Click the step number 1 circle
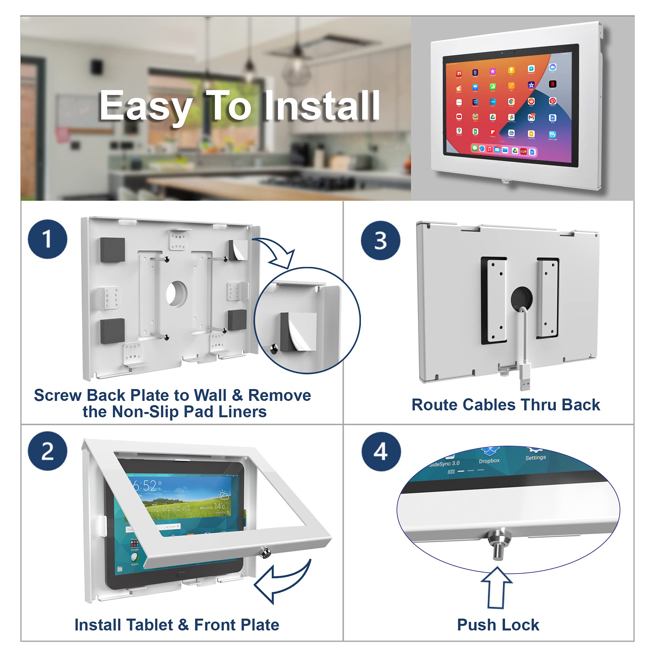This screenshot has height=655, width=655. (47, 239)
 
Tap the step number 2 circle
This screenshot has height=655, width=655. (47, 451)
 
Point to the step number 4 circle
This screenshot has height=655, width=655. (381, 452)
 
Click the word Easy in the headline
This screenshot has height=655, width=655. (146, 107)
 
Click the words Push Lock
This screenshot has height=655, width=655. (498, 625)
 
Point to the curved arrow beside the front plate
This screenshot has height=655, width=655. (281, 581)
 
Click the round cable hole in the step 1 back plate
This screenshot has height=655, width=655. (176, 293)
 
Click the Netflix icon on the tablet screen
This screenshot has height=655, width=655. (552, 84)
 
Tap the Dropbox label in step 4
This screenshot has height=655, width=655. (489, 461)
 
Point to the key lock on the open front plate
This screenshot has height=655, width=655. (264, 552)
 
